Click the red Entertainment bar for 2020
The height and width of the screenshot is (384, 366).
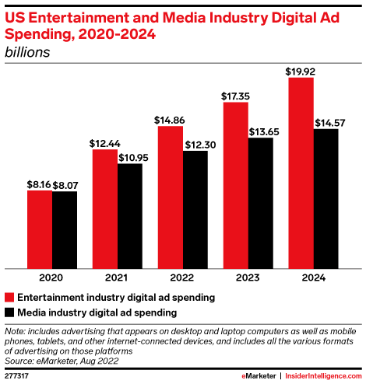tap(40, 228)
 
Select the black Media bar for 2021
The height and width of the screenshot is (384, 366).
tap(130, 215)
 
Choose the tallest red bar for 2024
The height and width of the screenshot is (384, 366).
tap(301, 171)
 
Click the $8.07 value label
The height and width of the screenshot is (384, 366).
tap(65, 185)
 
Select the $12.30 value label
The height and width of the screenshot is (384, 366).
tap(195, 145)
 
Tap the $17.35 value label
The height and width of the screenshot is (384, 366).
tap(235, 95)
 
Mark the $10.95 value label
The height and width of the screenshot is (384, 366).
tap(130, 158)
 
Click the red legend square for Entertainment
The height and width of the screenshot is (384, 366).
tap(9, 297)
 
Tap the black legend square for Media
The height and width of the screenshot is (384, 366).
tap(9, 312)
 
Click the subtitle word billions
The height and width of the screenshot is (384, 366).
tap(26, 52)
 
